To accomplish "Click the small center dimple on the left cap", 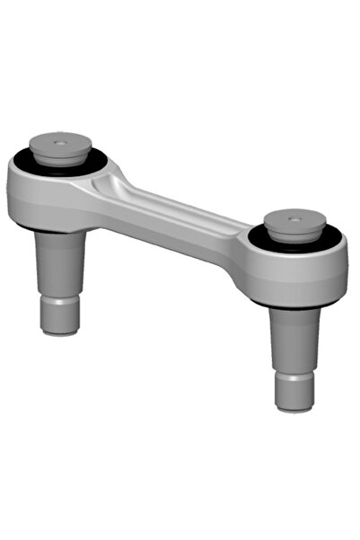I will tap(59, 142).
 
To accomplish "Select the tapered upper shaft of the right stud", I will tap(295, 337).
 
